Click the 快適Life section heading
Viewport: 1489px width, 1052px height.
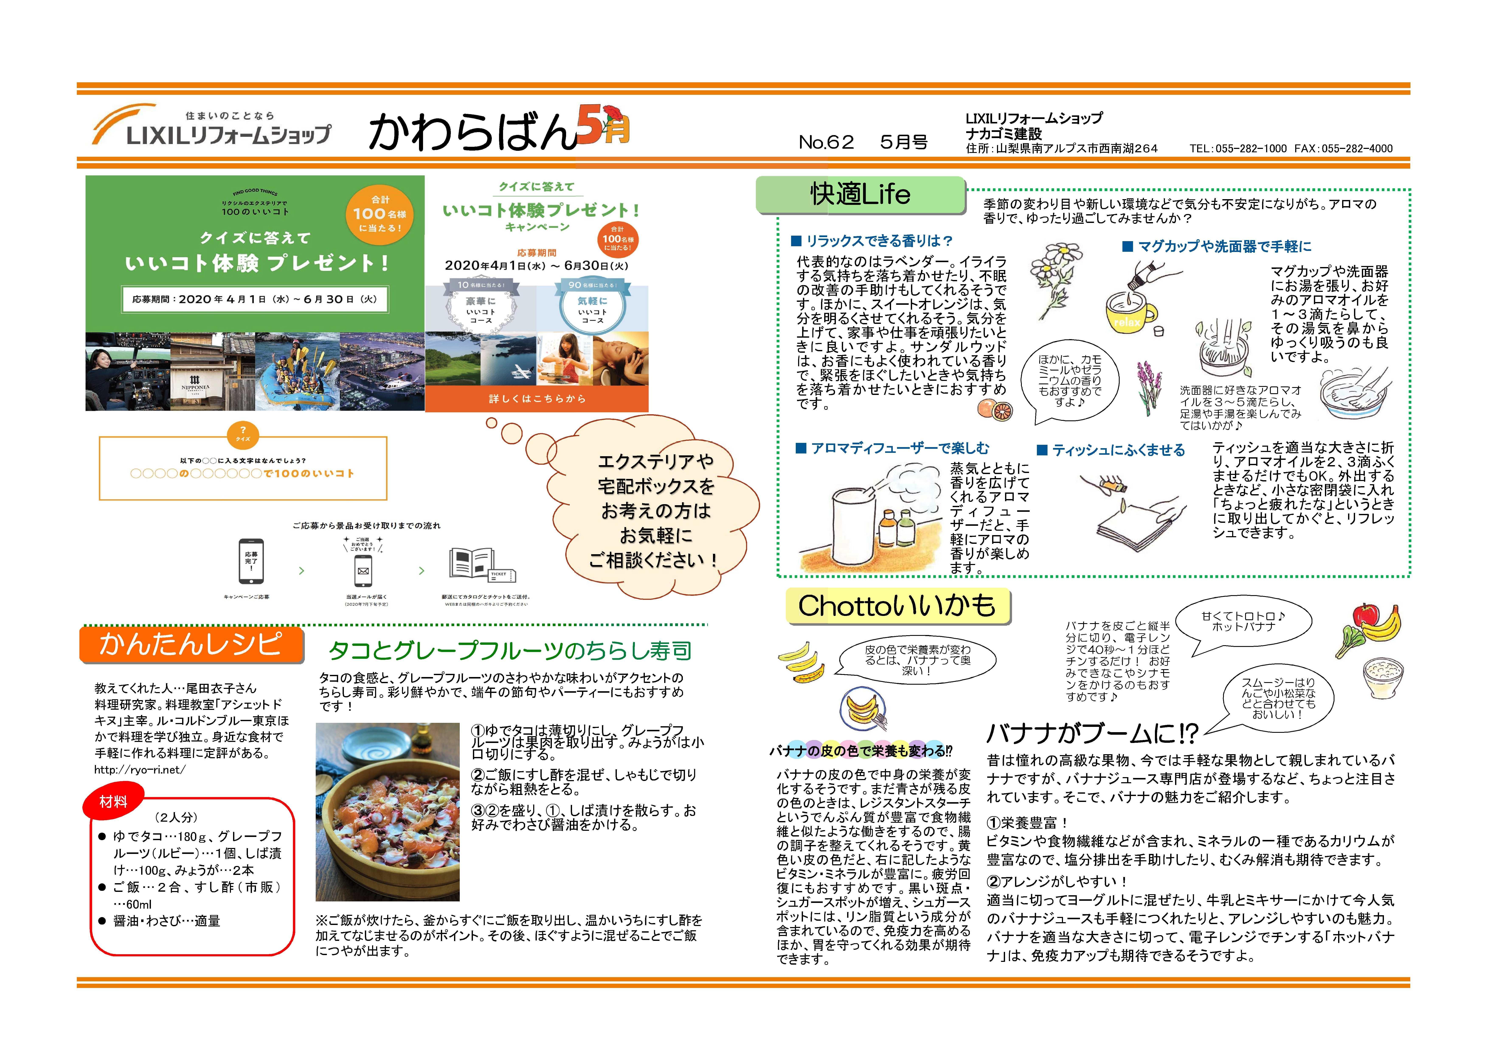point(860,194)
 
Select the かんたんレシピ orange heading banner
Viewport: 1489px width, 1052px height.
point(191,644)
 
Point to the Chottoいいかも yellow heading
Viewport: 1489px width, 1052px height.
point(897,606)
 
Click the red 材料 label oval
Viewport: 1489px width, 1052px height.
point(114,802)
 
